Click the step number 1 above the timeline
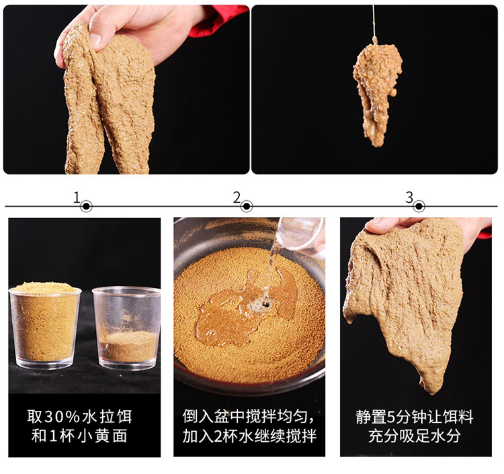(x=77, y=197)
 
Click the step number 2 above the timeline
(x=237, y=197)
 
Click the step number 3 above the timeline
(x=409, y=197)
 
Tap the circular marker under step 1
(x=87, y=206)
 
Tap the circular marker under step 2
(x=247, y=206)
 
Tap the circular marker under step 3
(x=419, y=206)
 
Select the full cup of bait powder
(x=45, y=324)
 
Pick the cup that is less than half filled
(x=127, y=329)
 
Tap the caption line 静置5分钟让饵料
(x=415, y=417)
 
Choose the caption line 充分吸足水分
(x=415, y=436)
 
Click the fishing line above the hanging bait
(x=373, y=20)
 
